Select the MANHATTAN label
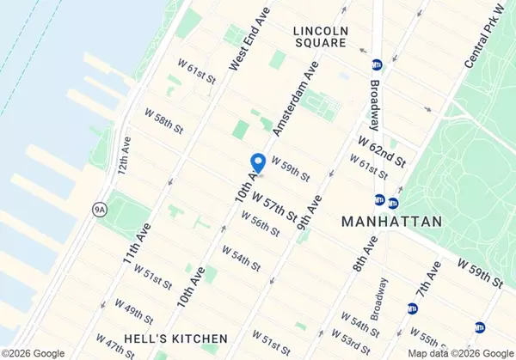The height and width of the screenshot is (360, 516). (391, 221)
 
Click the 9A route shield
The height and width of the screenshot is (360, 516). (100, 208)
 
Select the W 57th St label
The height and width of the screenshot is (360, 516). (276, 198)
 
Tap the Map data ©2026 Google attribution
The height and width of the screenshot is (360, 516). (459, 353)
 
